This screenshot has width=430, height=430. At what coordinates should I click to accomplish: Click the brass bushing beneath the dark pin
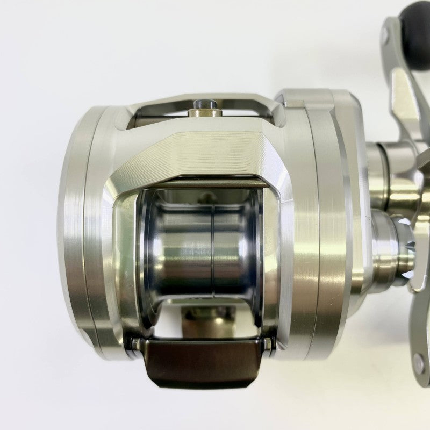point(206,112)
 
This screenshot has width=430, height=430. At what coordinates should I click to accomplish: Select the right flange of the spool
point(257,247)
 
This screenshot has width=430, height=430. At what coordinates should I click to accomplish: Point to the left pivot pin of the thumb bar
point(138,345)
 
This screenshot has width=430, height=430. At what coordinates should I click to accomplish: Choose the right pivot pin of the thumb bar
point(268,344)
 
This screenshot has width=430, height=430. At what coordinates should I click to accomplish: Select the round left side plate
point(81,226)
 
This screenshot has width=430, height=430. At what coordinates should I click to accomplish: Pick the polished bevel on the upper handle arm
point(400,91)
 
